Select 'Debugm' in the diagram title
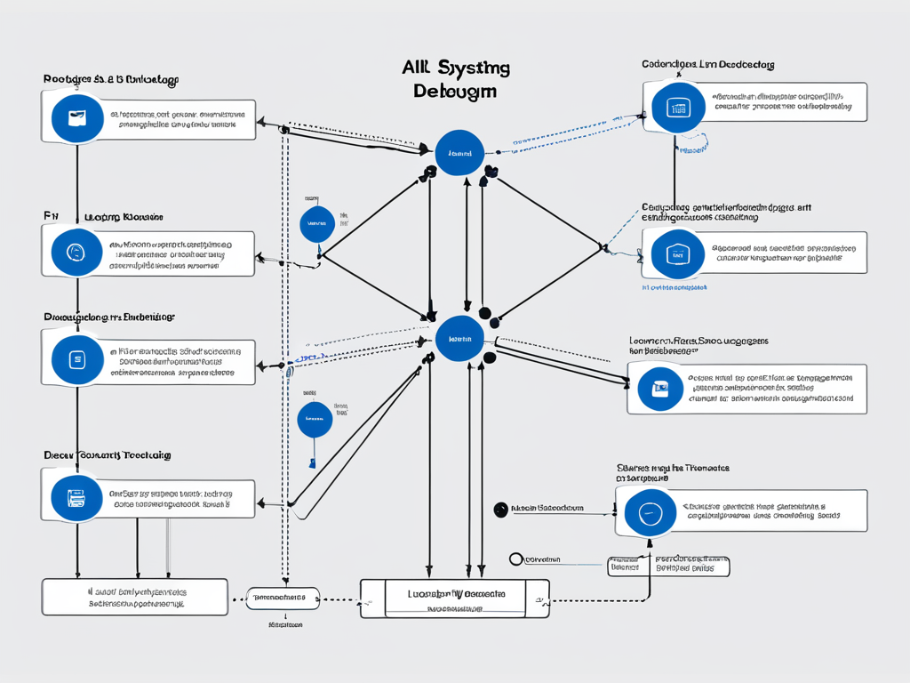(x=455, y=92)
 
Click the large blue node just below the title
(x=459, y=153)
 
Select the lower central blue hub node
(x=459, y=340)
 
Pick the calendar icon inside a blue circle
(x=678, y=109)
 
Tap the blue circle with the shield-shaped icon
(x=678, y=253)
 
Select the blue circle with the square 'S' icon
(x=76, y=359)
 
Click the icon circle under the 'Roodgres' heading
(x=76, y=118)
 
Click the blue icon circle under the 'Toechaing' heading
(x=76, y=497)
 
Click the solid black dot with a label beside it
(x=500, y=509)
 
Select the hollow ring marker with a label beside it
(x=516, y=559)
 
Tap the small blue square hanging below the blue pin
(x=313, y=462)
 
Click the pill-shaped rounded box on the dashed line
(x=282, y=598)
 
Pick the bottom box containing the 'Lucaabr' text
(x=454, y=598)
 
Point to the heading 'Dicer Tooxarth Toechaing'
(x=108, y=455)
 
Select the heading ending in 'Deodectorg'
(x=708, y=65)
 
